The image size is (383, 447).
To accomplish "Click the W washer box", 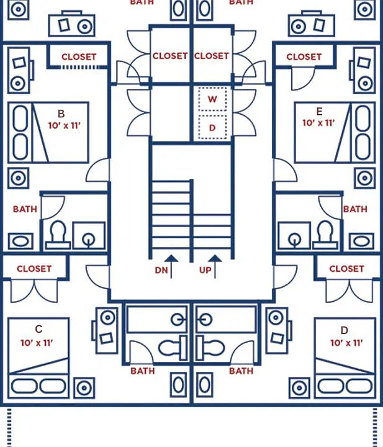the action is point(212,99).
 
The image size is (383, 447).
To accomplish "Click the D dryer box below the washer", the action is point(212,127).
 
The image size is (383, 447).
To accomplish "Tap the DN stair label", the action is point(161,270).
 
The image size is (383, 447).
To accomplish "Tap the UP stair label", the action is point(205,270).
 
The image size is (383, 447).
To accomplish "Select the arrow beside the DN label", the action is point(171,266).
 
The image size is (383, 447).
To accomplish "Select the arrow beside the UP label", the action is point(215,266).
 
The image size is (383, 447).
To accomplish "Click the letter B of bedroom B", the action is point(61,114).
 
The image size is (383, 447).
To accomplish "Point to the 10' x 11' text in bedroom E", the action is point(318,123).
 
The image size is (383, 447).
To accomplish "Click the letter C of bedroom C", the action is point(38,329).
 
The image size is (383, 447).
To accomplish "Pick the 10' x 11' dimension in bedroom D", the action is point(346,343).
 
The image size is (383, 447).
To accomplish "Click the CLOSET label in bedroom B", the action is point(79,56).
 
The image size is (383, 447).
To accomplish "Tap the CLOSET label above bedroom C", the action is point(34,269).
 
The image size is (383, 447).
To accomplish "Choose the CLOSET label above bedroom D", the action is point(346,269).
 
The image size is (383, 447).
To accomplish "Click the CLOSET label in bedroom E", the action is point(304,56).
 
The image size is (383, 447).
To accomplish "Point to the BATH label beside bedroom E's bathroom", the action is point(355,209).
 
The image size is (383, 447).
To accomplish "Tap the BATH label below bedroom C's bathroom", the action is point(143,371).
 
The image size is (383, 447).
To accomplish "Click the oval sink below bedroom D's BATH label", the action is point(204,384).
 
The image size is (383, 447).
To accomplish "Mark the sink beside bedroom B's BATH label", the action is point(20,241).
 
